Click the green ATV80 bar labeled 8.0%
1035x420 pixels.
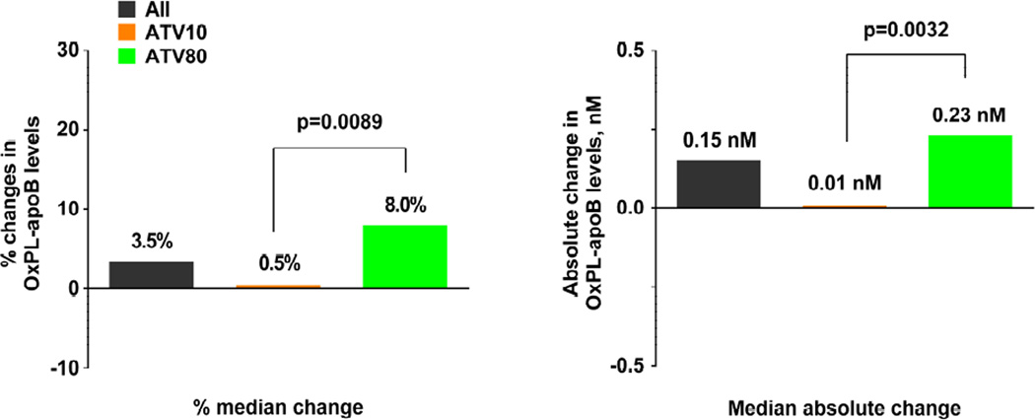(x=405, y=256)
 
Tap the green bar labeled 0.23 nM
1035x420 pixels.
(x=971, y=171)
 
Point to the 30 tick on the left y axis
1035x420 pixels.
(x=70, y=50)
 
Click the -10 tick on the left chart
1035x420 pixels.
(x=66, y=367)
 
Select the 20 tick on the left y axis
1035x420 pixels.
(x=70, y=129)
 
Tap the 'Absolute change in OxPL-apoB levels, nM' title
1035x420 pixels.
(x=588, y=208)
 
